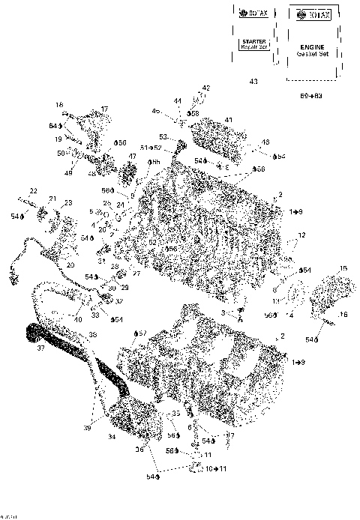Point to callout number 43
click(x=253, y=82)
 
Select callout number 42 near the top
click(x=206, y=88)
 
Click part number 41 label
click(x=229, y=120)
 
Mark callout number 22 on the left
click(x=33, y=191)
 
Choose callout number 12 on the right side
click(x=302, y=235)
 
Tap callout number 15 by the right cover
click(x=343, y=268)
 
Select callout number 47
click(x=132, y=157)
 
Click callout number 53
click(x=162, y=136)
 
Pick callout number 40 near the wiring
click(x=78, y=320)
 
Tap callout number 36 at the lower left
click(x=139, y=450)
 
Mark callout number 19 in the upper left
click(x=58, y=139)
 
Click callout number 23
click(x=67, y=203)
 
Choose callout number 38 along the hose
click(x=93, y=334)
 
